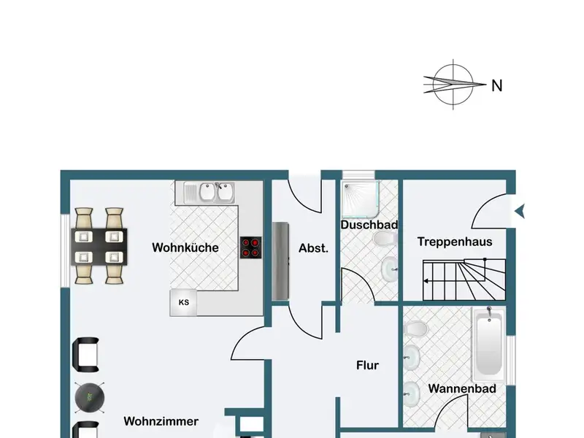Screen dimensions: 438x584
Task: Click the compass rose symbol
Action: (x=454, y=85)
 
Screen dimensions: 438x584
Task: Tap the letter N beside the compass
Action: (x=497, y=86)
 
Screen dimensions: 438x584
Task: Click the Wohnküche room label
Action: (x=185, y=247)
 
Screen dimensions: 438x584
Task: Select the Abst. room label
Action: (x=314, y=247)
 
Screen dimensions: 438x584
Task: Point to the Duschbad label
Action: (x=369, y=225)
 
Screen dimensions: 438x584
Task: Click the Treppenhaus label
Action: (x=455, y=242)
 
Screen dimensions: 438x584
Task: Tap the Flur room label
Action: (x=367, y=365)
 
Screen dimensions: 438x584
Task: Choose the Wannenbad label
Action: (x=462, y=388)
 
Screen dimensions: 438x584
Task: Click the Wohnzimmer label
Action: (x=161, y=421)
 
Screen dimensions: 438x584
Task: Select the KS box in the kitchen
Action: (x=183, y=302)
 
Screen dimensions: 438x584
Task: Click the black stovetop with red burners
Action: (x=251, y=247)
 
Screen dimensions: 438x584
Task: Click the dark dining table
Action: (x=99, y=247)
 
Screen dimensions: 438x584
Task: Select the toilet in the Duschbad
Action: (x=382, y=239)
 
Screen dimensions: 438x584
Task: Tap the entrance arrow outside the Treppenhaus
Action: (x=519, y=212)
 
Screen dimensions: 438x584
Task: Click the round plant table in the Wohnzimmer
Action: (x=90, y=396)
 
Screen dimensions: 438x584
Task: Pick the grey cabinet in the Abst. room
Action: (x=281, y=261)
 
